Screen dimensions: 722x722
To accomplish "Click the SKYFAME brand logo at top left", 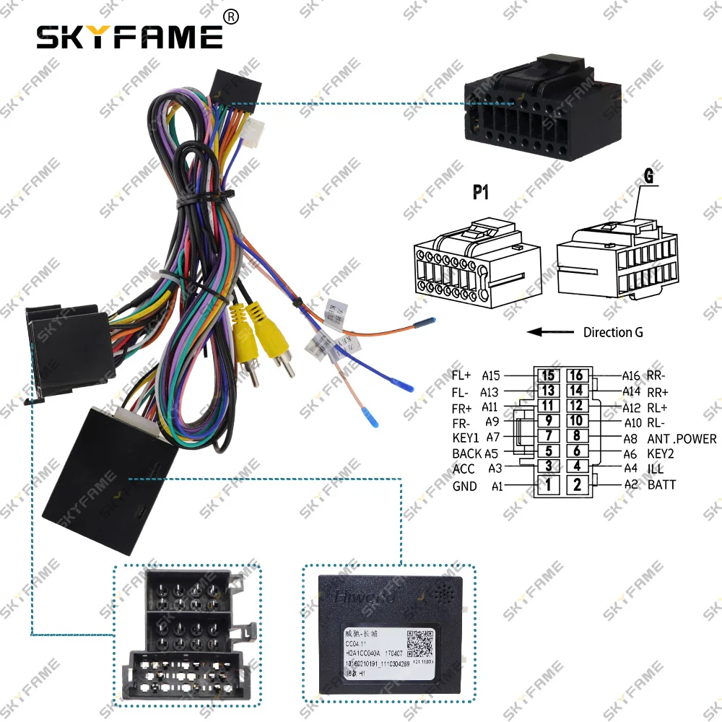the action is [130, 36].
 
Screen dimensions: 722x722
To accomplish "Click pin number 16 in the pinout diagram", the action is [575, 375].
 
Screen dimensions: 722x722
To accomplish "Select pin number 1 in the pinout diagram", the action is [548, 484].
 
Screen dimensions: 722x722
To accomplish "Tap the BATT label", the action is [661, 484].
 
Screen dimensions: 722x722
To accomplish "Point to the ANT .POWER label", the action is [682, 438].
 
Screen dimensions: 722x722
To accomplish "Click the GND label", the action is [464, 486].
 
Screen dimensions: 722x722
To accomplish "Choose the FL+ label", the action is [461, 375].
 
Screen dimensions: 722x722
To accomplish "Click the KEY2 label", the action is [661, 454].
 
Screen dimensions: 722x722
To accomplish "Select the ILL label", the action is [655, 469].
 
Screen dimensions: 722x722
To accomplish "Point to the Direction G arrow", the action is [552, 333].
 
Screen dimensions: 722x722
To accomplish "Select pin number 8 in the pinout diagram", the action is [575, 436].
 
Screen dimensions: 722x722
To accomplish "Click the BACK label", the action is [466, 454].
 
